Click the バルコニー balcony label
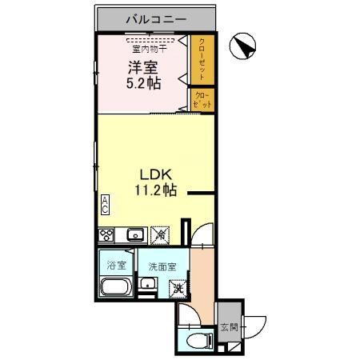coord(156,18)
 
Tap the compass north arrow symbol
coord(242,47)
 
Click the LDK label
coord(155,175)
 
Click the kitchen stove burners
coord(106,235)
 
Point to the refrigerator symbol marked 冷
coord(161,235)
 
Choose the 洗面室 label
coord(157,267)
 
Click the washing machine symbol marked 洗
coord(180,291)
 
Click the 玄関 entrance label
coord(229,326)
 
